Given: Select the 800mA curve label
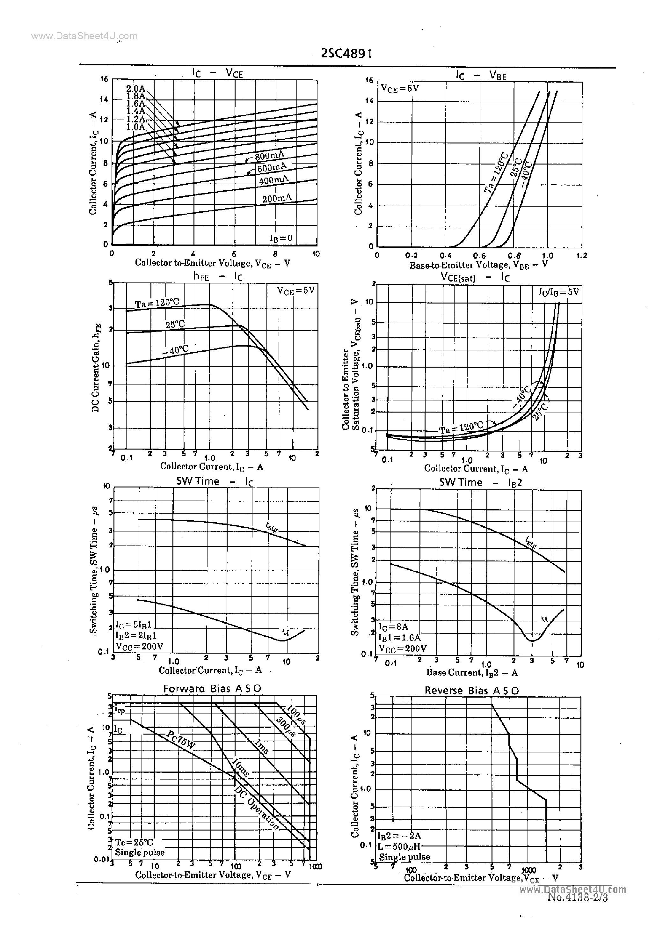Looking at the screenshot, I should click(x=269, y=156).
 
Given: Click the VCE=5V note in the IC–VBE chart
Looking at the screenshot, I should click(x=400, y=88).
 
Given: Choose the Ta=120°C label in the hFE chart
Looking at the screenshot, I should click(x=157, y=303).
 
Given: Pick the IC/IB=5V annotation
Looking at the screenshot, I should click(x=558, y=292).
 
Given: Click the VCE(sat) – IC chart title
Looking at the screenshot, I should click(x=475, y=277).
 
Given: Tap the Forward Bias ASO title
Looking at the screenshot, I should click(x=212, y=688).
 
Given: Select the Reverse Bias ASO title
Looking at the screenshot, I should click(x=471, y=690).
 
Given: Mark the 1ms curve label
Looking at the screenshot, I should click(x=262, y=747).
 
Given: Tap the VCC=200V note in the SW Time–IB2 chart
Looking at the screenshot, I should click(x=403, y=648).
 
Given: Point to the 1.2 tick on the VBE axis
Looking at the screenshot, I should click(x=582, y=256).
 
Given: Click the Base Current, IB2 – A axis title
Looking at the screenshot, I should click(x=472, y=672).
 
